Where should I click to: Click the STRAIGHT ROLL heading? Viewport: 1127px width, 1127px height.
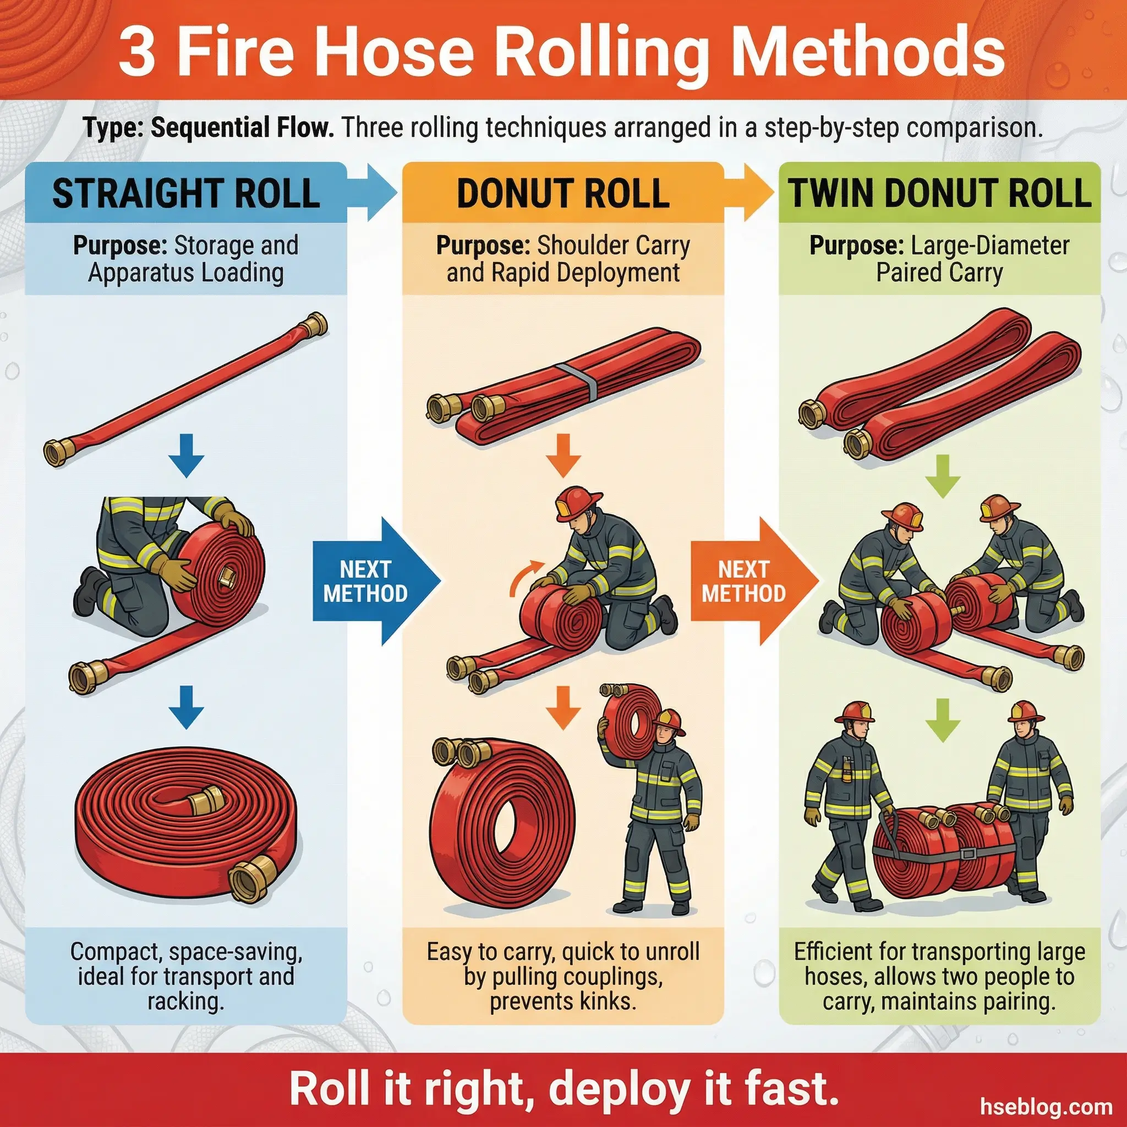coord(186,194)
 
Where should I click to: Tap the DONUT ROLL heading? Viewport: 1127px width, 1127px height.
coord(563,194)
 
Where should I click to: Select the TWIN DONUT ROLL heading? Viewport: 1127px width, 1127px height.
coord(940,194)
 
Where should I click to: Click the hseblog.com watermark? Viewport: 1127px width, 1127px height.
coord(1046,1106)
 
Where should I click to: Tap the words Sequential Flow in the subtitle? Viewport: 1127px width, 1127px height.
coord(243,128)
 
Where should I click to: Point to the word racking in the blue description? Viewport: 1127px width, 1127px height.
coord(185,1001)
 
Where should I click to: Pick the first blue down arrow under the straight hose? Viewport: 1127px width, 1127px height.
coord(186,456)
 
